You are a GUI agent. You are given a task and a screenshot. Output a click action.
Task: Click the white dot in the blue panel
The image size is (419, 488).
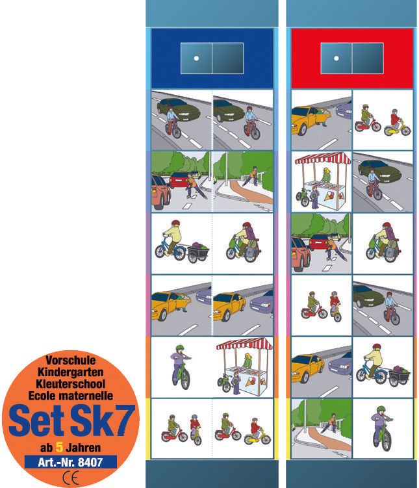[x=196, y=58]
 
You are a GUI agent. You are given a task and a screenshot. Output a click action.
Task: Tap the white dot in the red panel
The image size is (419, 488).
[x=336, y=58]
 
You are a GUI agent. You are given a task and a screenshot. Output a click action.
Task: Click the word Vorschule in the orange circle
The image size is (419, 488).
[x=71, y=361]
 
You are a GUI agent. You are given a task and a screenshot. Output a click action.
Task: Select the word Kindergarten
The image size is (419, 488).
[x=70, y=372]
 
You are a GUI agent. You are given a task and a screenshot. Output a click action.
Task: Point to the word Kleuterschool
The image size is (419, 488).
[x=70, y=384]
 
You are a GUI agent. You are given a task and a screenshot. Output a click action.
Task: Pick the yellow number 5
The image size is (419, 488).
[x=59, y=448]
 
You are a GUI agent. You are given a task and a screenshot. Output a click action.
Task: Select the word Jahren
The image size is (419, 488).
[x=83, y=448]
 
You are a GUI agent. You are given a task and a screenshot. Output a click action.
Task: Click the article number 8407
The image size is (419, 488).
[x=90, y=462]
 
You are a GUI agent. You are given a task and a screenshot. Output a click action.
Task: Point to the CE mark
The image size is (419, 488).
[x=71, y=477]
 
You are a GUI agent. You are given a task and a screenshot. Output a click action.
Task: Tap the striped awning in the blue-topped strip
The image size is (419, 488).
[x=244, y=344]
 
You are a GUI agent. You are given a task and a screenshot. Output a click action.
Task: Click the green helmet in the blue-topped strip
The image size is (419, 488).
[x=179, y=348]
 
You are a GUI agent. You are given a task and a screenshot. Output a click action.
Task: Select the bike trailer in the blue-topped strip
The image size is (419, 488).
[x=198, y=251]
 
